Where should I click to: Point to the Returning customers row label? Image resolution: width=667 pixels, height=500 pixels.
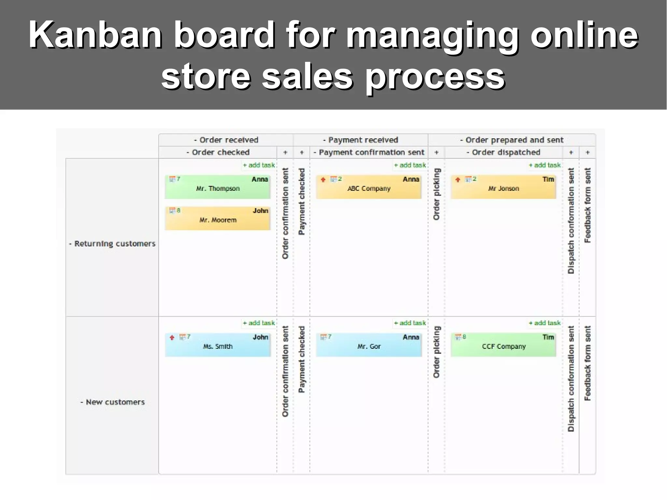(112, 244)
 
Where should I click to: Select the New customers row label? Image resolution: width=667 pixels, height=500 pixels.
(112, 402)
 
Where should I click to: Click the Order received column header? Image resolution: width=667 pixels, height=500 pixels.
(226, 140)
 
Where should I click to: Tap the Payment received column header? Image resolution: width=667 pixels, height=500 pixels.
(361, 140)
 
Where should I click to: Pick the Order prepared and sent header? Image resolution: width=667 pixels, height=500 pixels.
(512, 140)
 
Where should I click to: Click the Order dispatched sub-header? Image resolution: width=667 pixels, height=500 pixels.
(503, 152)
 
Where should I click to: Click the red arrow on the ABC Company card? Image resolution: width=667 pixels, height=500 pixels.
(323, 179)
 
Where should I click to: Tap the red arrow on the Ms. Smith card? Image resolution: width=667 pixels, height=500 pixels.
(172, 337)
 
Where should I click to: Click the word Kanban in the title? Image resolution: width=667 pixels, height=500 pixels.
(95, 35)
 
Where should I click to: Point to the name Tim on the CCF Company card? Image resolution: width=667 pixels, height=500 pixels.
(548, 337)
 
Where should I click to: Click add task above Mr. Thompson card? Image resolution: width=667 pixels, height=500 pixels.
(259, 165)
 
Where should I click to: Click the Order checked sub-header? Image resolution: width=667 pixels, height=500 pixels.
(218, 152)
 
